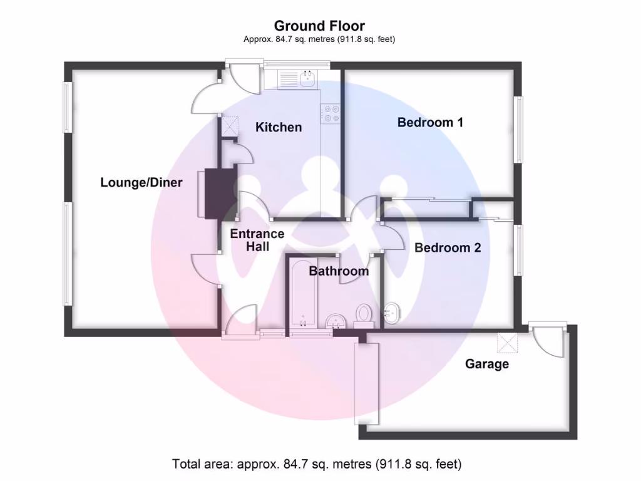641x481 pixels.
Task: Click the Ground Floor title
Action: [319, 26]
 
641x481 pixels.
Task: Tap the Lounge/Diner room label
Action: [141, 183]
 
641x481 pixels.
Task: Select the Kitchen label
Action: [279, 127]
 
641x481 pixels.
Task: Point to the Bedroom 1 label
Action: [430, 122]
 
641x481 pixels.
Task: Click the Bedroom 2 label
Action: [448, 247]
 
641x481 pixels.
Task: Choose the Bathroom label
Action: [339, 271]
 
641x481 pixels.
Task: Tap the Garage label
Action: [486, 364]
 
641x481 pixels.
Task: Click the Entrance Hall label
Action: [257, 240]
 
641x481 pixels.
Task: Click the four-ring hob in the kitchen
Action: [331, 113]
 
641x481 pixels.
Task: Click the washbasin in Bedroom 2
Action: [392, 313]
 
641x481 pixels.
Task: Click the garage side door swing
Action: [550, 341]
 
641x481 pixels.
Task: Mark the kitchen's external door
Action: [243, 79]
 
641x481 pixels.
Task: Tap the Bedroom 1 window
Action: [518, 130]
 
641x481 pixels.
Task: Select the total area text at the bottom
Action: [317, 464]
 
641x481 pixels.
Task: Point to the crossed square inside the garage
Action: [506, 343]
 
